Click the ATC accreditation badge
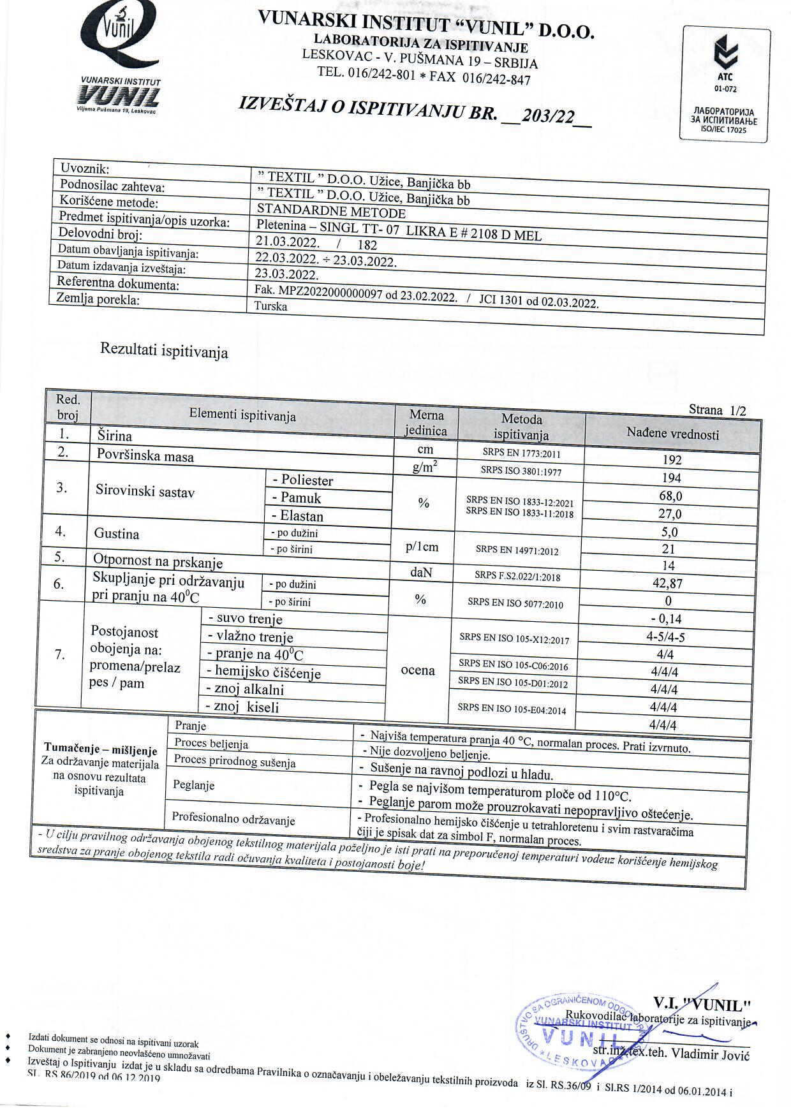[725, 84]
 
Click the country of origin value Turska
[270, 306]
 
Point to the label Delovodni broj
[100, 233]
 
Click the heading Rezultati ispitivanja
[164, 351]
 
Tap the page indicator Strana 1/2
[717, 410]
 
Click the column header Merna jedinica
[426, 423]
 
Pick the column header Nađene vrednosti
[672, 434]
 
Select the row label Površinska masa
[145, 456]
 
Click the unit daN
[421, 573]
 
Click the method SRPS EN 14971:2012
[517, 549]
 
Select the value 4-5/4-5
[665, 636]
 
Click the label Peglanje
[193, 785]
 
